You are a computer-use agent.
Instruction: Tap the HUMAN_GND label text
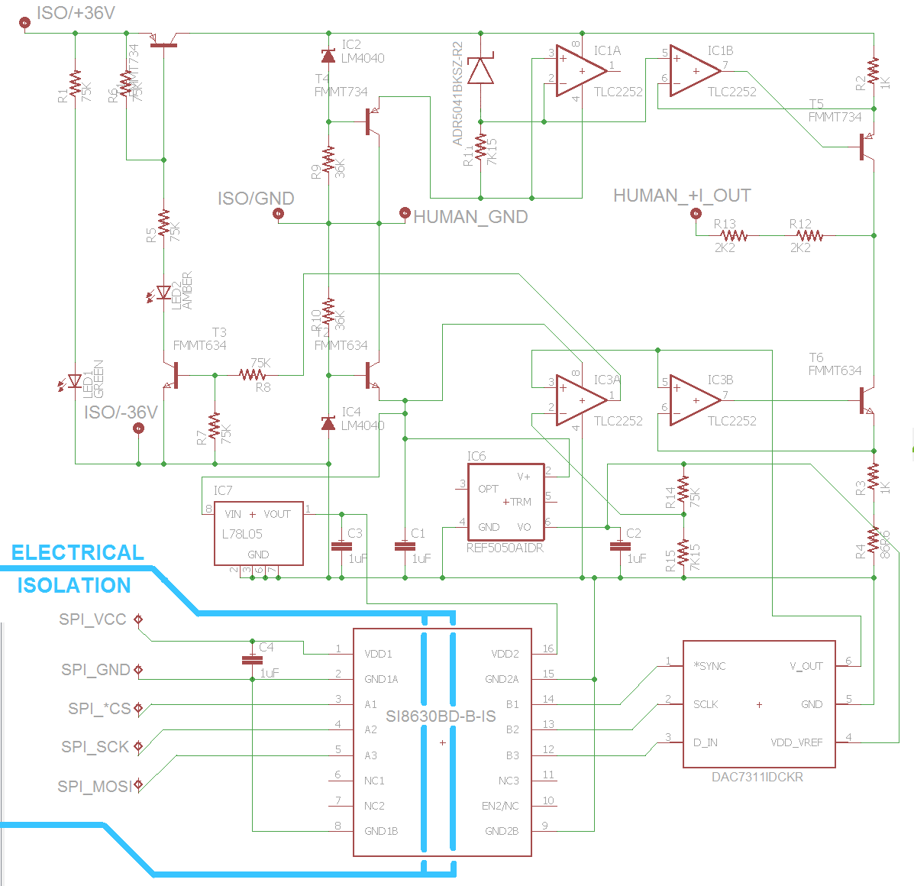(x=470, y=217)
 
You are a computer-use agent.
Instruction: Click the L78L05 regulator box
(x=258, y=533)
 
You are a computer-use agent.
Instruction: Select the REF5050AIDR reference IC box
(x=505, y=502)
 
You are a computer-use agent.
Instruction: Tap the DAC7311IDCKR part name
(x=757, y=778)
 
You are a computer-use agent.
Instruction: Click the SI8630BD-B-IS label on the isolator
(x=441, y=716)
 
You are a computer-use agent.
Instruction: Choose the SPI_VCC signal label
(x=92, y=619)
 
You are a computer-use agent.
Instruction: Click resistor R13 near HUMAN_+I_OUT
(x=734, y=236)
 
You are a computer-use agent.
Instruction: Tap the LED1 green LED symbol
(x=75, y=381)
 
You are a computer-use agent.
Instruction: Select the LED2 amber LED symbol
(x=163, y=293)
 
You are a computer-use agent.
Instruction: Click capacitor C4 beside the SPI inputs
(x=252, y=659)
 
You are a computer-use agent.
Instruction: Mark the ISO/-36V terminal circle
(x=138, y=428)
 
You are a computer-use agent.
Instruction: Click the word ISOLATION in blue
(x=74, y=586)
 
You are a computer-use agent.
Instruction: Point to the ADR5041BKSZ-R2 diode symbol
(x=480, y=71)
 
